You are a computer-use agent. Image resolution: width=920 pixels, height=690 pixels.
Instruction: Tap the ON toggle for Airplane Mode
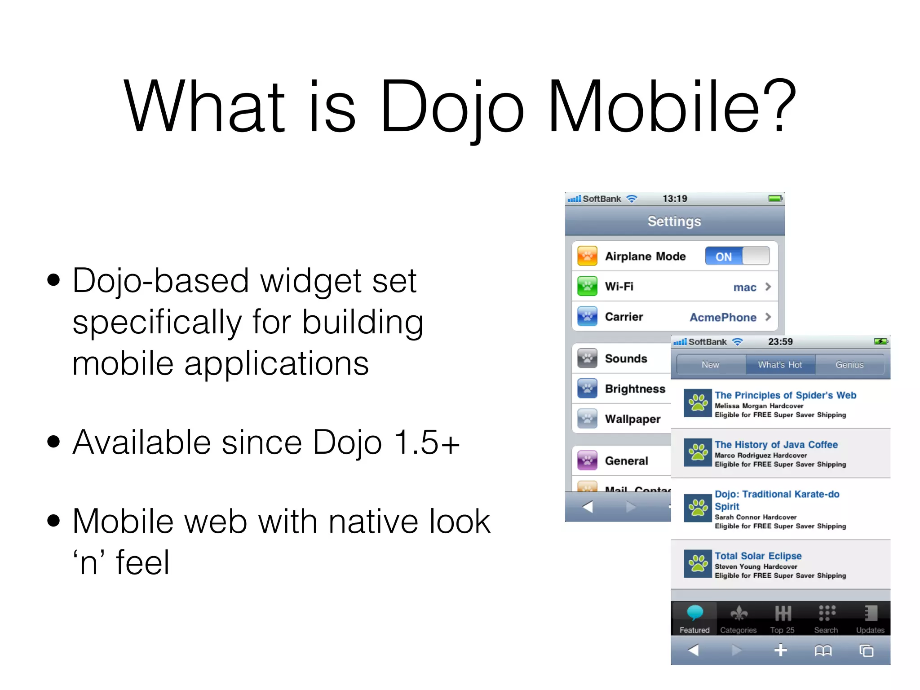(737, 256)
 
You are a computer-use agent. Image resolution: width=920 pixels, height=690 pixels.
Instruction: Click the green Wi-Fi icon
(587, 286)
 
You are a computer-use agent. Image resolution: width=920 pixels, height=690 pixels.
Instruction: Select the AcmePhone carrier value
(723, 317)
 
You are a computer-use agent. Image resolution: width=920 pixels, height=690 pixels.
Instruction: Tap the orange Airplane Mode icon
(587, 256)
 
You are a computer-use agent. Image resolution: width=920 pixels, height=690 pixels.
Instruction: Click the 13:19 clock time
(675, 199)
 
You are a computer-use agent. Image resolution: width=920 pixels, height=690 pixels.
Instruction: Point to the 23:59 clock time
(780, 342)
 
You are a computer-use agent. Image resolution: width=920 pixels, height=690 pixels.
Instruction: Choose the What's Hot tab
(780, 365)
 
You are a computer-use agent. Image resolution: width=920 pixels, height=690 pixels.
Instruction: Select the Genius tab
(849, 365)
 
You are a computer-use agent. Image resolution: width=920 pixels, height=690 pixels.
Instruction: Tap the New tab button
(710, 365)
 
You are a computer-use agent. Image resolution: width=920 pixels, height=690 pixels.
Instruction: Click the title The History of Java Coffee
(776, 445)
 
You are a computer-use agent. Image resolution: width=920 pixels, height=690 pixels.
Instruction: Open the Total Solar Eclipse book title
(758, 556)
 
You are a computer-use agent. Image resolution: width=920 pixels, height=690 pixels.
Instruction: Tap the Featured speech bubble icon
(694, 613)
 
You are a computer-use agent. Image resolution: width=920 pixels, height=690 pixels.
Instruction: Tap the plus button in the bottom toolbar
(780, 650)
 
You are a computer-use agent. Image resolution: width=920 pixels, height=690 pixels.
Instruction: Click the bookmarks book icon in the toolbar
(823, 650)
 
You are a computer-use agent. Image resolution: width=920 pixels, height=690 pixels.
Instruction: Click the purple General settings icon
(587, 460)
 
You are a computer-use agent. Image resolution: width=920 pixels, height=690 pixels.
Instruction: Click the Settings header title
(674, 221)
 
